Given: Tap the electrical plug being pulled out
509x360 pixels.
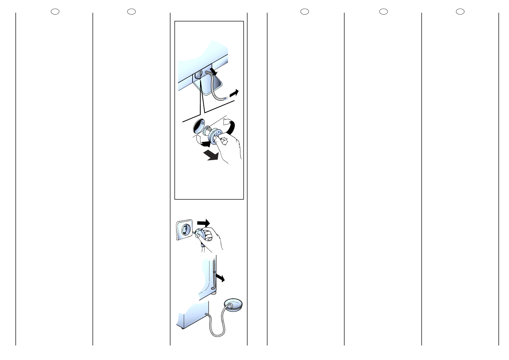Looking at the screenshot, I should (x=201, y=234).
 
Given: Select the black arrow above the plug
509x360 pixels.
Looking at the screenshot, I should (x=203, y=223).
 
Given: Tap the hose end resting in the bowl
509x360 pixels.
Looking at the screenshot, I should (x=230, y=306).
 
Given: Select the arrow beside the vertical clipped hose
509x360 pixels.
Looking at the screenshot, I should (x=220, y=278).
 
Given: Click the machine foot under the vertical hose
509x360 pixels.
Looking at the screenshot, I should (x=214, y=293).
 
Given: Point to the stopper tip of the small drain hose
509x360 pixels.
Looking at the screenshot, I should (x=225, y=98).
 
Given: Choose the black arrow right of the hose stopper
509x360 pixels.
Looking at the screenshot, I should (x=234, y=93).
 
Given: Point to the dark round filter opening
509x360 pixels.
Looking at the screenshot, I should (x=199, y=126).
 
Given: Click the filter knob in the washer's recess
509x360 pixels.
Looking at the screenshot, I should (x=198, y=76).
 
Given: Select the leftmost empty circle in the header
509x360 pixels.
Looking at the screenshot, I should (x=55, y=11).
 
